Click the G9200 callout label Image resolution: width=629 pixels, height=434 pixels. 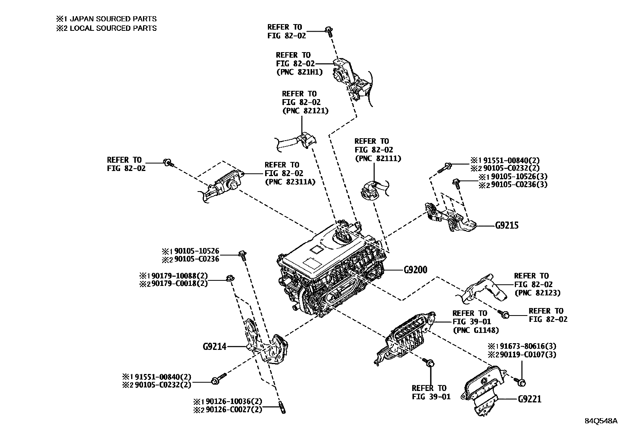click(415, 270)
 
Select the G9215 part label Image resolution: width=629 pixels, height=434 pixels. click(507, 225)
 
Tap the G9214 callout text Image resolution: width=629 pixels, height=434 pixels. click(215, 347)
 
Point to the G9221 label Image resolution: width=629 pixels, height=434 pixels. click(529, 399)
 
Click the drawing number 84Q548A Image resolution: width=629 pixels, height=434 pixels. click(601, 421)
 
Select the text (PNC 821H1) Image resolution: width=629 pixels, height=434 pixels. click(299, 72)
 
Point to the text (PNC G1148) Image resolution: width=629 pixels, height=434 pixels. click(476, 330)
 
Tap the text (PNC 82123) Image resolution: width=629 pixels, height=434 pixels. click(537, 293)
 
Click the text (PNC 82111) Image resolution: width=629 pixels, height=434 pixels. click(378, 158)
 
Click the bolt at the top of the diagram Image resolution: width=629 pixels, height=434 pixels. click(329, 31)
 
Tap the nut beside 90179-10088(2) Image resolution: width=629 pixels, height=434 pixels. click(229, 278)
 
